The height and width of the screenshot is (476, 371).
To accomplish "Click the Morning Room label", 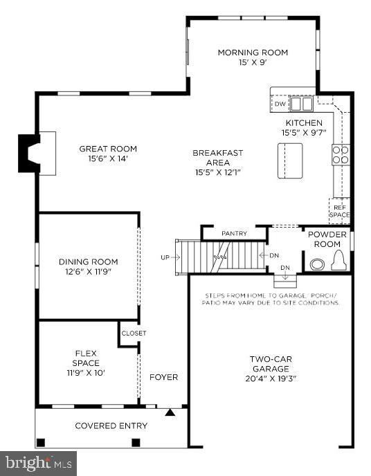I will [x=253, y=53].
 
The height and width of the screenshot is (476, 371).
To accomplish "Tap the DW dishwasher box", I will [x=280, y=104].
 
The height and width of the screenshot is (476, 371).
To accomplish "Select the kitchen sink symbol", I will [x=301, y=104].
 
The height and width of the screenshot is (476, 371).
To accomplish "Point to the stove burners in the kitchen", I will [x=340, y=154].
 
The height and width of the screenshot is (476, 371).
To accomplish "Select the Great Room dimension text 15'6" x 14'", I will [x=107, y=159].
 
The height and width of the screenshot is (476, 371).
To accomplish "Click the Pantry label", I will [x=234, y=234].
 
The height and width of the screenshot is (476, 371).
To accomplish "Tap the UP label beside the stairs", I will [x=165, y=257].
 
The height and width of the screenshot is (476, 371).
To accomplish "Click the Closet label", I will [x=134, y=333].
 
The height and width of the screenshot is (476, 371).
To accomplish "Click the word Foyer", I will [x=164, y=377].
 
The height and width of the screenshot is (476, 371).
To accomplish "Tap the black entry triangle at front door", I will [x=170, y=413].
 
